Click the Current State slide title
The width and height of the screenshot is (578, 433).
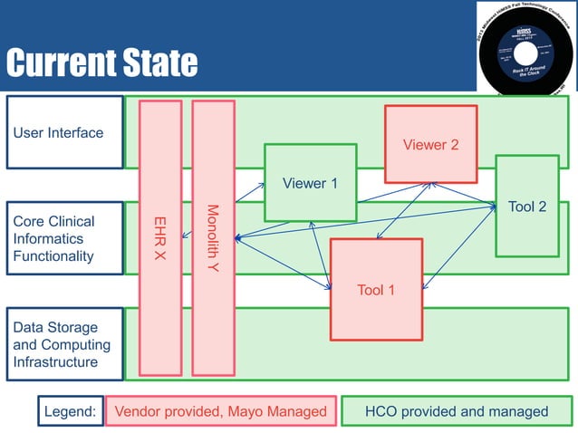point(101,63)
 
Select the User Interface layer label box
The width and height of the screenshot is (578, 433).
point(64,132)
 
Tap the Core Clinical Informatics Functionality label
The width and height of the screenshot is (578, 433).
point(64,238)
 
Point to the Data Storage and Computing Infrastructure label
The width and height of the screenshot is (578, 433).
point(64,344)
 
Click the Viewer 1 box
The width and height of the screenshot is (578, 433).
point(310,183)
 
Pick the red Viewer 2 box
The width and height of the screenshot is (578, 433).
point(430,145)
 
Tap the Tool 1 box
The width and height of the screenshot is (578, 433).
point(376,290)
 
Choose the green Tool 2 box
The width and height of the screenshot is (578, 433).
point(526,207)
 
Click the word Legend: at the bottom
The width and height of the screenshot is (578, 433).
point(71,411)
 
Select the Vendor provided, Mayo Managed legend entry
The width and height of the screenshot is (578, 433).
point(220,411)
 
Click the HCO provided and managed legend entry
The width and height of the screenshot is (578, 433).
point(456,411)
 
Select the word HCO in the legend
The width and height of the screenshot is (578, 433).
point(381,411)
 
